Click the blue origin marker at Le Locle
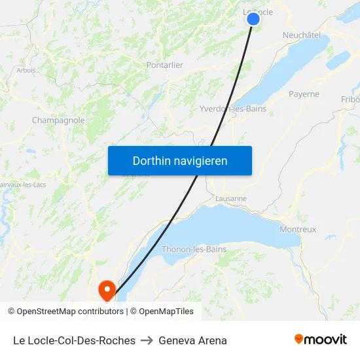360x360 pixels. point(253,19)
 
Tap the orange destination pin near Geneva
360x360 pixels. point(106,289)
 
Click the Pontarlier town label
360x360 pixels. point(165,65)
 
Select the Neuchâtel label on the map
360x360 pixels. point(301,35)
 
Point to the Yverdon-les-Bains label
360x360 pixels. point(233,109)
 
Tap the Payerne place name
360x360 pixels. point(304,94)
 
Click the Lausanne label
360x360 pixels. point(231,198)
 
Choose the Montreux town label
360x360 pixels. point(298,229)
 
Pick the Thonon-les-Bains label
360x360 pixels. point(194,249)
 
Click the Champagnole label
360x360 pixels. point(58,120)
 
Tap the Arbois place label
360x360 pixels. point(26,70)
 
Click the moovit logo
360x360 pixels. point(320,339)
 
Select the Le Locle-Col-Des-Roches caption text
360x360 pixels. point(74,340)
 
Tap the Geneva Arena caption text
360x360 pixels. point(192,340)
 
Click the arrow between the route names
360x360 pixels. point(147,340)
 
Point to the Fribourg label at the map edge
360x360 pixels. point(350,99)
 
